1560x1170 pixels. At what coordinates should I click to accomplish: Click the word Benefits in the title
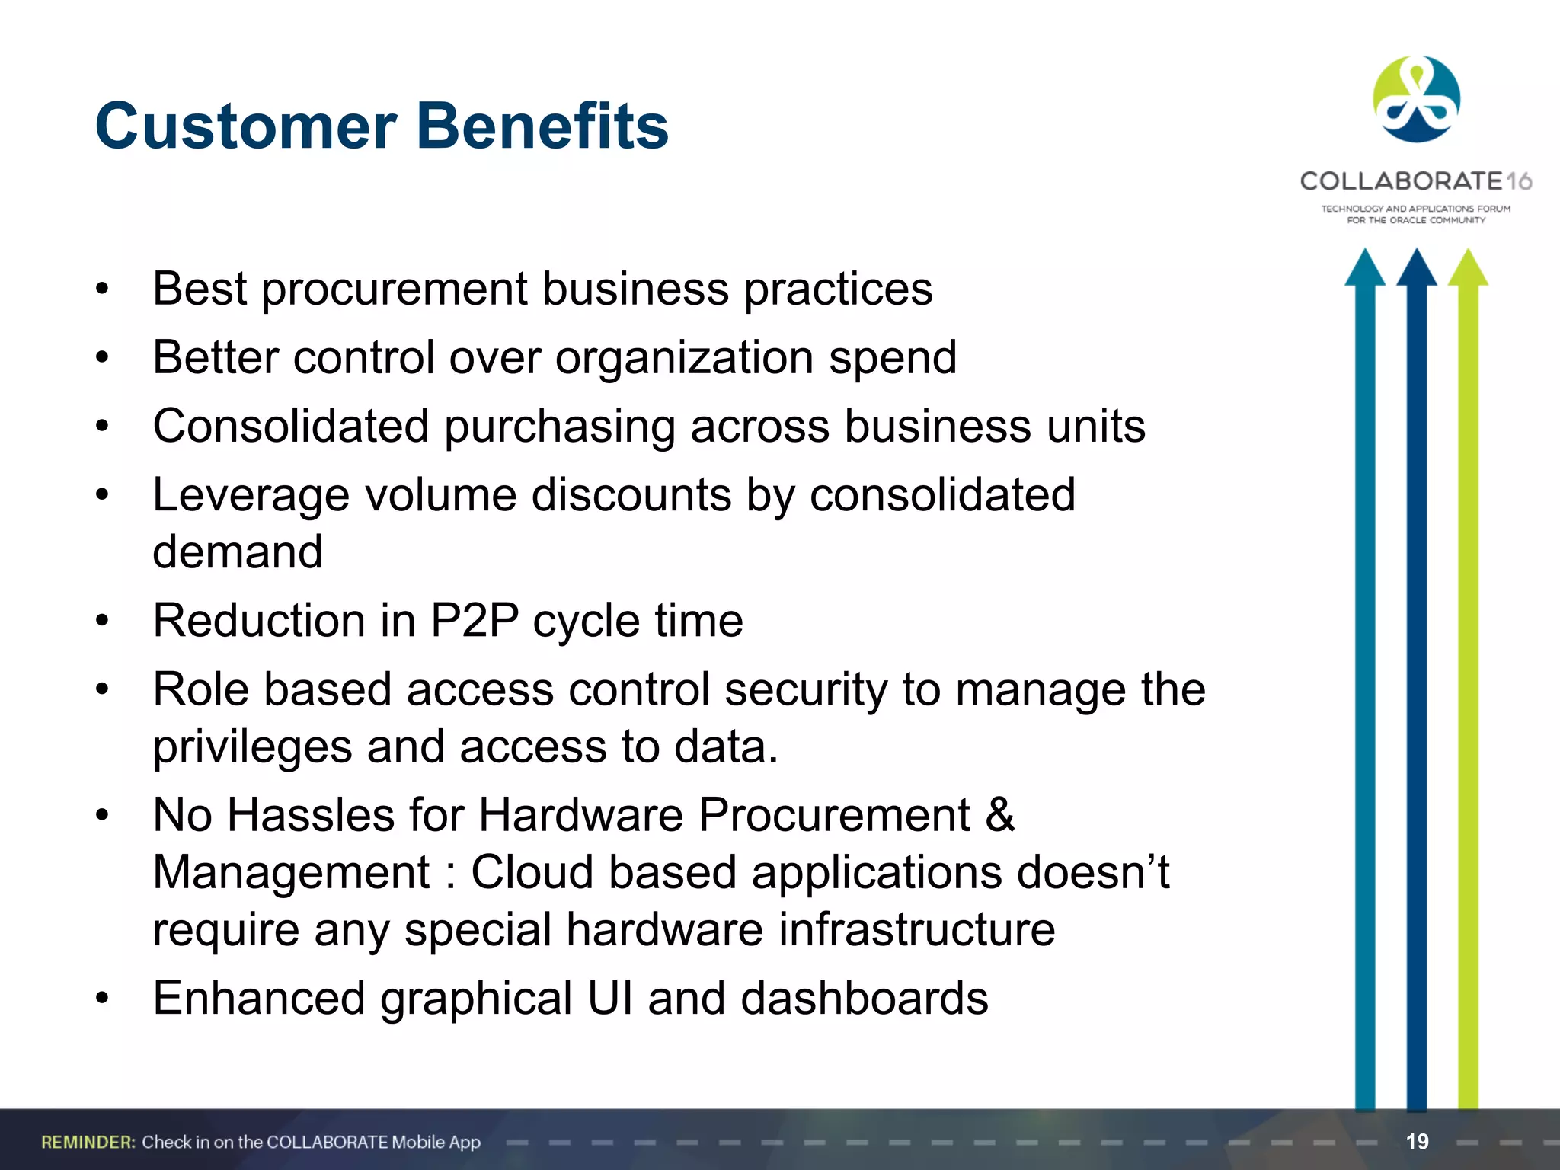pos(542,126)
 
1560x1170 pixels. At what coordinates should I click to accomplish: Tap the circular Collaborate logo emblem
pos(1416,100)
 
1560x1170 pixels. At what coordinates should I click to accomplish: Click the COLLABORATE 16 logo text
pos(1415,181)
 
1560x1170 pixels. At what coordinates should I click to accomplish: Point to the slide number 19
pos(1417,1141)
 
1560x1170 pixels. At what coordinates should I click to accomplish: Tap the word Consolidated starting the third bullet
pos(290,426)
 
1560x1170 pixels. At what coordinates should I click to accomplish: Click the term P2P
pos(475,621)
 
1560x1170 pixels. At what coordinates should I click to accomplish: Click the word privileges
pos(252,748)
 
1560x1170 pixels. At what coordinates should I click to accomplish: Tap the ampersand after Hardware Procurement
pos(999,815)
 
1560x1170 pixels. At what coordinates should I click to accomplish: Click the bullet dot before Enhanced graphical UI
pos(103,998)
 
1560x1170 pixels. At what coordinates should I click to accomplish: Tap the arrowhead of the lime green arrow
pos(1468,268)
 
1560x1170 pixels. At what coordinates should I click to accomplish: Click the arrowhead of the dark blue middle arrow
pos(1417,268)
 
